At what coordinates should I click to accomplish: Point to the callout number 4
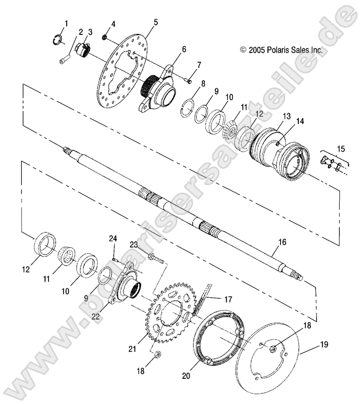click(113, 24)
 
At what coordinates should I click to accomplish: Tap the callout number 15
click(341, 149)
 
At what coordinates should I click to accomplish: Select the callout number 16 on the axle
click(282, 242)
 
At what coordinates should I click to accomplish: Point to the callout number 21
click(133, 348)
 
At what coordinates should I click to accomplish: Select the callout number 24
click(113, 238)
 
